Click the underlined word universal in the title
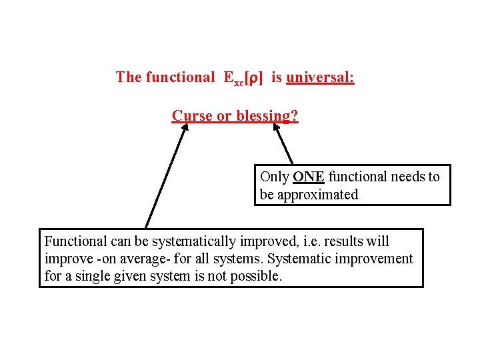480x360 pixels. (320, 77)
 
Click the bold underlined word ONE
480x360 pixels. (309, 177)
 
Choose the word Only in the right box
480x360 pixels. (274, 177)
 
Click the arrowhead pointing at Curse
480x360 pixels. (185, 128)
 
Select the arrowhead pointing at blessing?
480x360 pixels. (273, 129)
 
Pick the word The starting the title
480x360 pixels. (129, 77)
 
